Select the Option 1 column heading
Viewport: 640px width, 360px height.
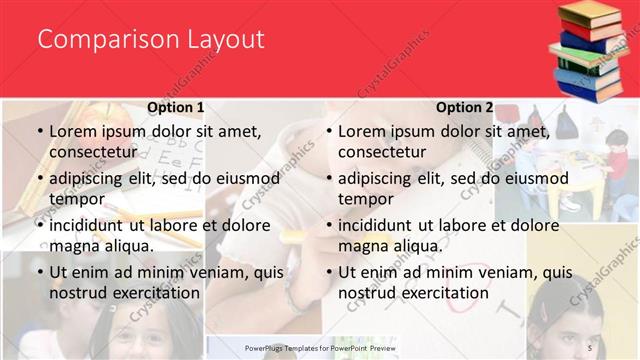tap(176, 107)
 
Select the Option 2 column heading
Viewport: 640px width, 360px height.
tap(465, 107)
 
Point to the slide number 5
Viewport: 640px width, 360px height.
tap(589, 346)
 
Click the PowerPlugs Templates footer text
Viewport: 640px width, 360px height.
tap(321, 347)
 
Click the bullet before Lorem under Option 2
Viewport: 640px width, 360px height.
tap(329, 131)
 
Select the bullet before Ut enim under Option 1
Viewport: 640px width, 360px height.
tap(40, 272)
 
